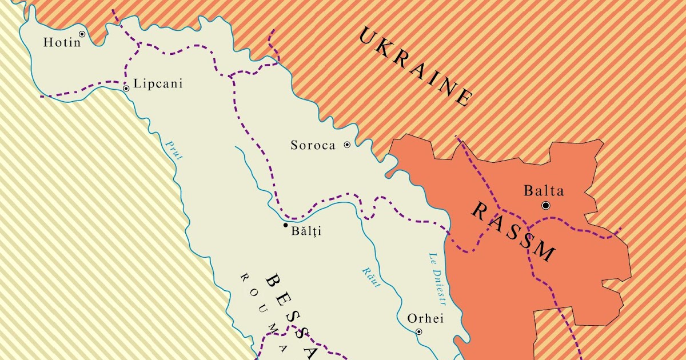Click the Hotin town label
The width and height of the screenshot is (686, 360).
click(62, 43)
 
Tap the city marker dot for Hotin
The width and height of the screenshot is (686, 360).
click(82, 34)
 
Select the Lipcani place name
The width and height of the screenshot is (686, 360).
click(157, 84)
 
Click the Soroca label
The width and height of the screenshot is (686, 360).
click(313, 145)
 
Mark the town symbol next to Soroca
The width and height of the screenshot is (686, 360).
click(346, 145)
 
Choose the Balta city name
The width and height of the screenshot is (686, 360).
click(544, 191)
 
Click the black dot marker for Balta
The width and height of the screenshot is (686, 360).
click(546, 205)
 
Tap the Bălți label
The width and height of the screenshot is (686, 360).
click(306, 231)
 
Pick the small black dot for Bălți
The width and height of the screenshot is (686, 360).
click(286, 225)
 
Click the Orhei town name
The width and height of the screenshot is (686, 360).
click(425, 319)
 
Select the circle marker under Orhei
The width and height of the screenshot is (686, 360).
click(418, 331)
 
